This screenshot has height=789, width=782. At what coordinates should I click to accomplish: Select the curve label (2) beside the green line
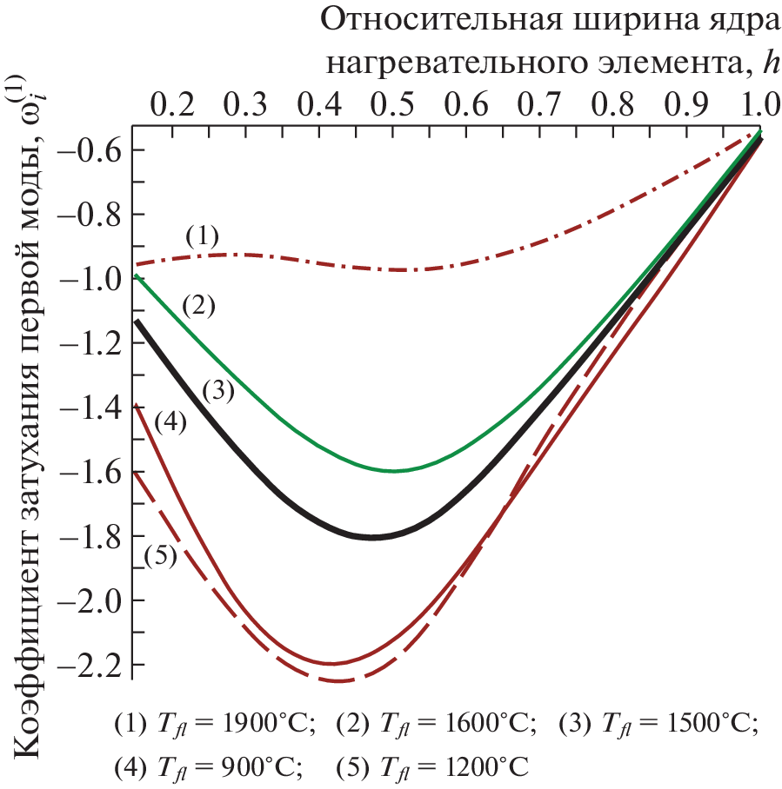(198, 304)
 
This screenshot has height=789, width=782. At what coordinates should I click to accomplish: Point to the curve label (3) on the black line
(218, 391)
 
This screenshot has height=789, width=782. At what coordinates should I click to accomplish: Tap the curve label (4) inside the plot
(170, 423)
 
